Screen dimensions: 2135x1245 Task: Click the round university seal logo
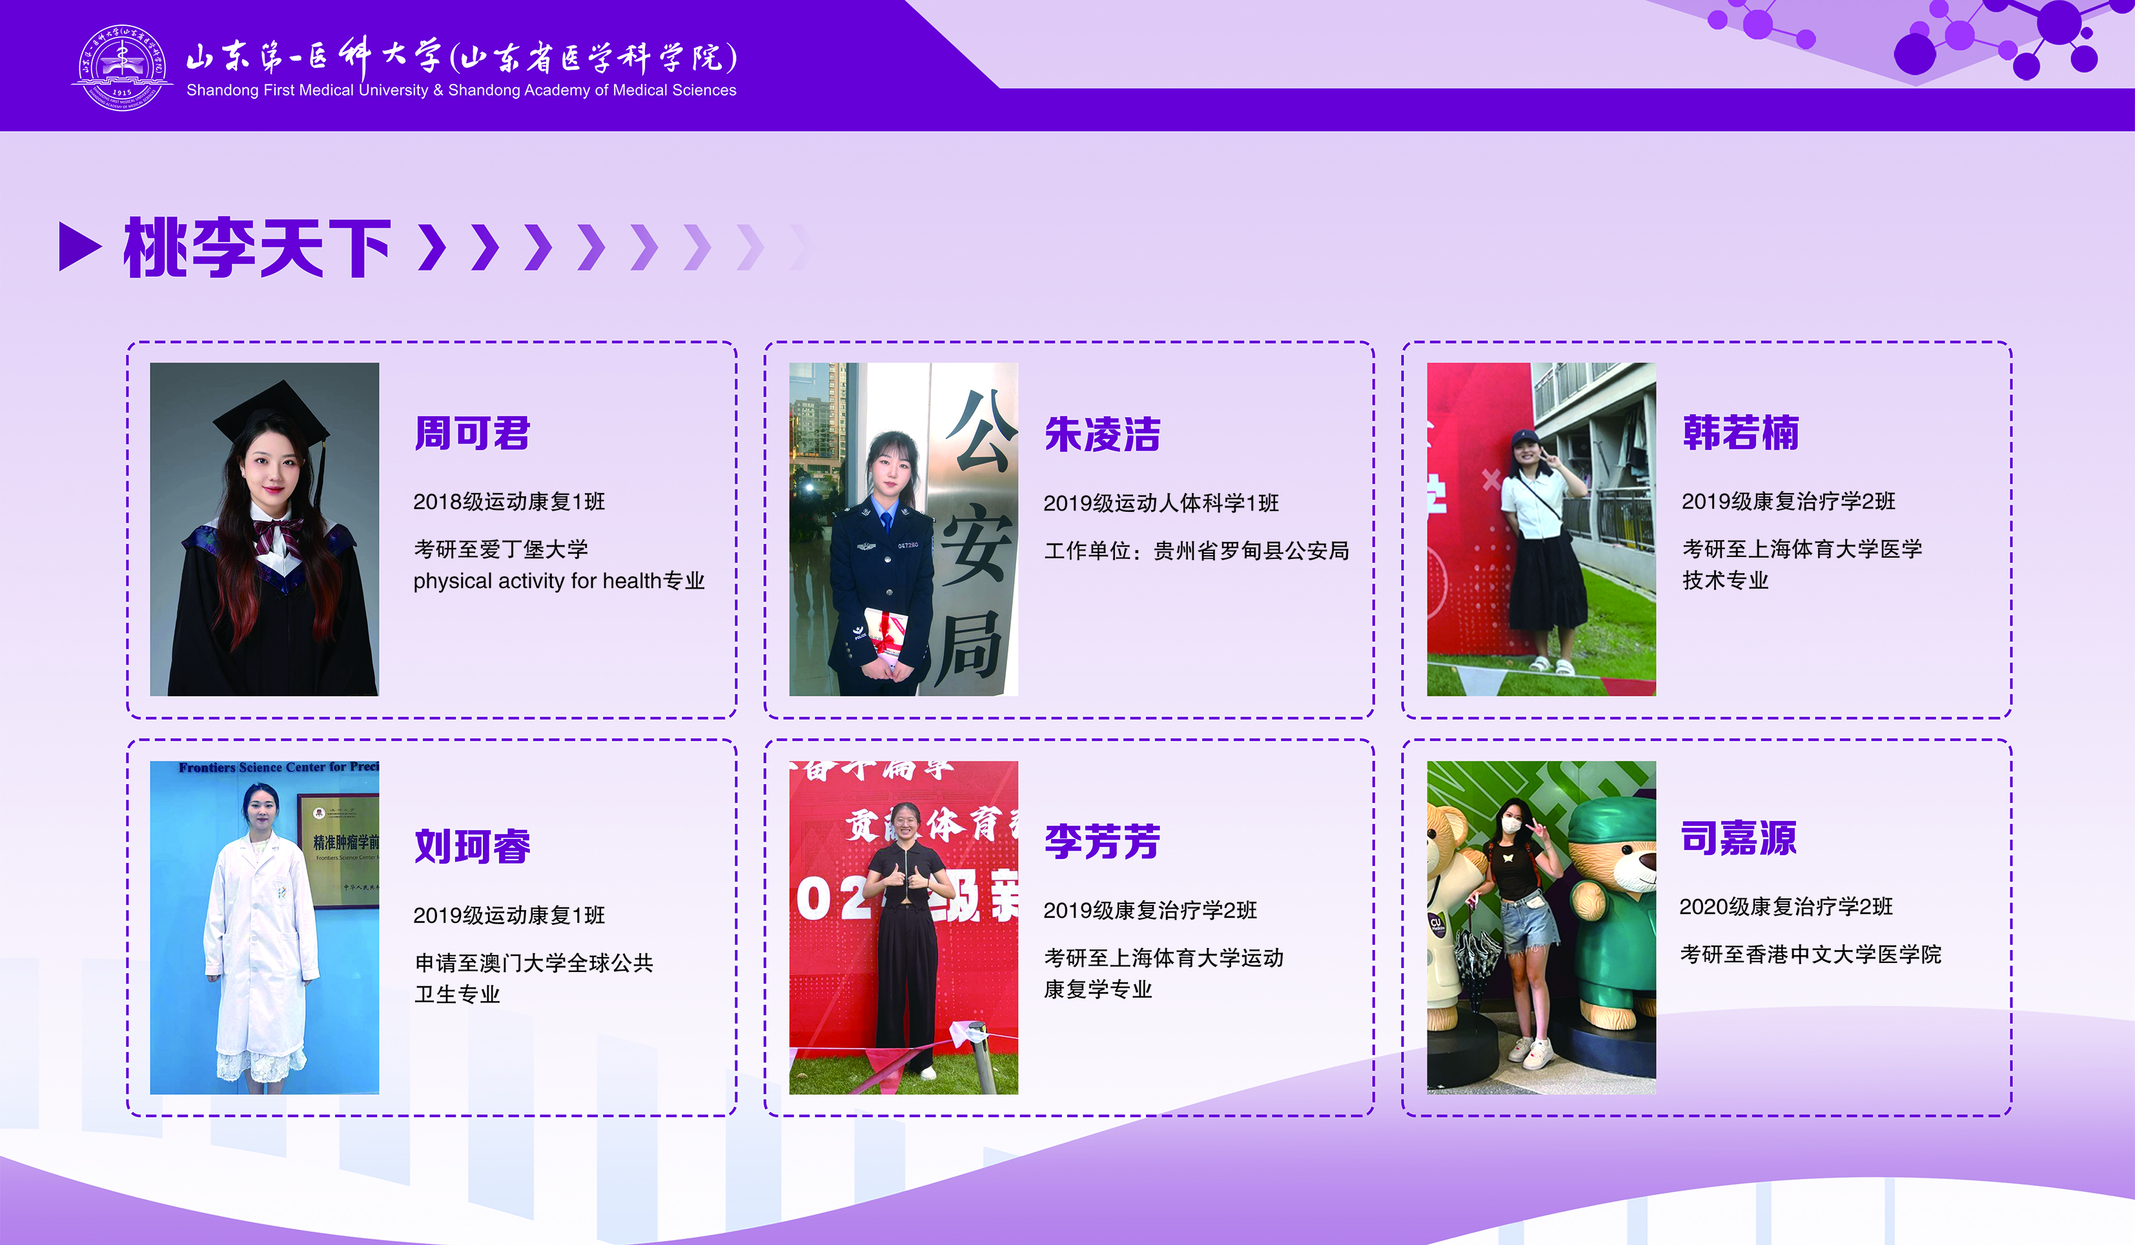(x=122, y=67)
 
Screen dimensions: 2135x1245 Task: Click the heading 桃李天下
(x=257, y=247)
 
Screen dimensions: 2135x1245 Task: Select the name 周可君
(x=472, y=434)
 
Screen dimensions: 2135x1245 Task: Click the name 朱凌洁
(x=1102, y=435)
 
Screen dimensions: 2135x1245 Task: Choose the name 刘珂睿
(x=472, y=846)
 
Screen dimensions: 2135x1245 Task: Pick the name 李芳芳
(x=1102, y=842)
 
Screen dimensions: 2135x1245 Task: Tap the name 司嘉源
(x=1739, y=838)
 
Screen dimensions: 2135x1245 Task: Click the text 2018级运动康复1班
(x=509, y=501)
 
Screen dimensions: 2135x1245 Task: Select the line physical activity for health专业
(x=559, y=581)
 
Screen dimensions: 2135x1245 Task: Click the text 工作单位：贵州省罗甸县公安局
(x=1196, y=551)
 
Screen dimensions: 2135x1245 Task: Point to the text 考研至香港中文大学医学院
(x=1810, y=955)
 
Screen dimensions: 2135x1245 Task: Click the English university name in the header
(x=461, y=90)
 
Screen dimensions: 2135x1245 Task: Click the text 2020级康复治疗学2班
(x=1786, y=907)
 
